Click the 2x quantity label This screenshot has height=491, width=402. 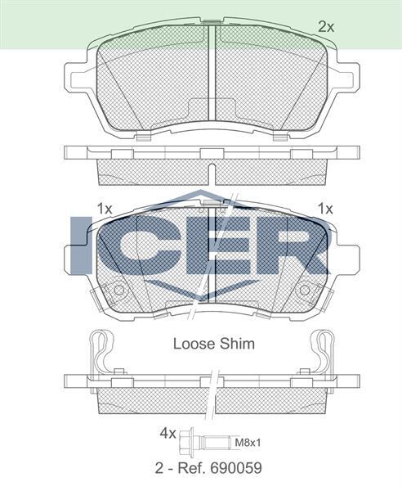pyautogui.click(x=326, y=27)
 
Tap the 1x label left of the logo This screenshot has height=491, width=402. pyautogui.click(x=104, y=208)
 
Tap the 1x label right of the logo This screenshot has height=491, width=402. pyautogui.click(x=326, y=208)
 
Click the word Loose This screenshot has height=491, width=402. pyautogui.click(x=191, y=344)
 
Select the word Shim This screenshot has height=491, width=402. pyautogui.click(x=237, y=344)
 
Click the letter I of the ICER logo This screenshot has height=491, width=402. pyautogui.click(x=83, y=245)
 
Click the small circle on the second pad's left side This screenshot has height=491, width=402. pyautogui.click(x=118, y=291)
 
